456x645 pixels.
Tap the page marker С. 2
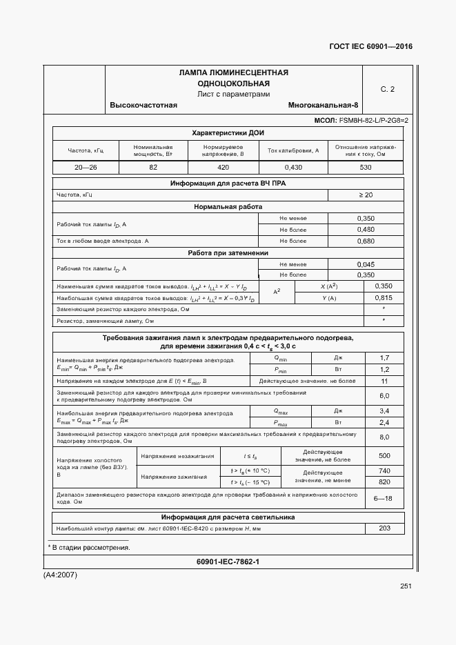[x=388, y=89]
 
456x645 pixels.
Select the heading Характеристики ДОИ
[x=228, y=132]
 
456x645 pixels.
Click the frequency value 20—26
[x=86, y=168]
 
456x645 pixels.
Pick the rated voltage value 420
[x=223, y=168]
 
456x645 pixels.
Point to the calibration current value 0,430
[x=293, y=168]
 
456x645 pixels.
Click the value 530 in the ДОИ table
[x=366, y=168]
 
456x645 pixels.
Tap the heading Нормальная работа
[x=228, y=207]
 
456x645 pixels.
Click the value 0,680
[x=366, y=241]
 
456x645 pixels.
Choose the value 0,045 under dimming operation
[x=366, y=264]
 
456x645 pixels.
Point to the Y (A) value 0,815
[x=384, y=297]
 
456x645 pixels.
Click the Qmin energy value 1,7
[x=384, y=358]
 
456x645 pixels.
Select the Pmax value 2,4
[x=384, y=422]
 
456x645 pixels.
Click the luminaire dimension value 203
[x=384, y=528]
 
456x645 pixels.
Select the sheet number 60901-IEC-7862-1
[x=228, y=562]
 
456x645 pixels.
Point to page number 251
[x=405, y=586]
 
